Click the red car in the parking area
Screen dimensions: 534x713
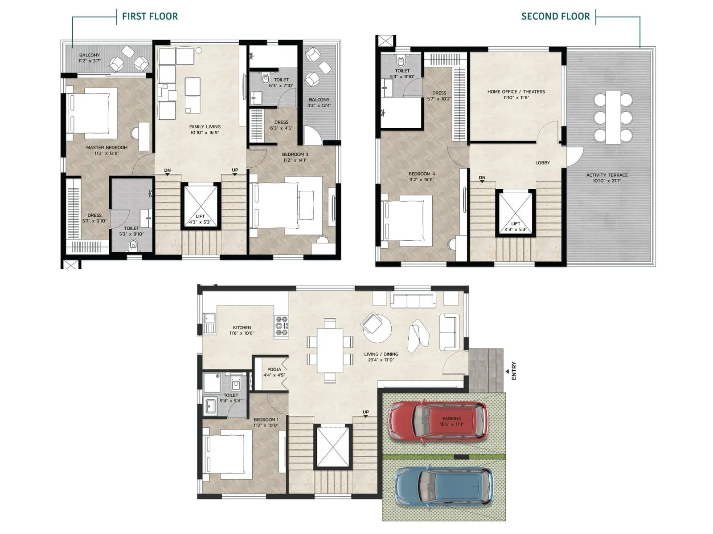(437, 421)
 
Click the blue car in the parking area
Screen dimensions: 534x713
(443, 487)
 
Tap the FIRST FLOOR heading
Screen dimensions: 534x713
(150, 16)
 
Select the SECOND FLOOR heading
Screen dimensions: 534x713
(555, 16)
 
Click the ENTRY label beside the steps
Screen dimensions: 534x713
(513, 371)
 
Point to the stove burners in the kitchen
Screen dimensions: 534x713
(282, 325)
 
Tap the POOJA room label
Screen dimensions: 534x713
(274, 369)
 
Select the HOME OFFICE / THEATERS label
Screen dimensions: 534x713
(516, 92)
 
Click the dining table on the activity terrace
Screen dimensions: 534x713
(613, 117)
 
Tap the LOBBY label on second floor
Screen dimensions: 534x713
(542, 163)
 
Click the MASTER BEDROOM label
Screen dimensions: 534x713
(107, 147)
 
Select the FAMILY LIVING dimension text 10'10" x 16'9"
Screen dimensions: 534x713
(205, 133)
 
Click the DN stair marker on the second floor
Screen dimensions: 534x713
(482, 178)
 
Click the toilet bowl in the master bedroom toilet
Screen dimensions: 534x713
(132, 245)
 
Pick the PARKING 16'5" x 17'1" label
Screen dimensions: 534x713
(451, 421)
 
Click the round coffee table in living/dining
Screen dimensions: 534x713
(379, 329)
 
